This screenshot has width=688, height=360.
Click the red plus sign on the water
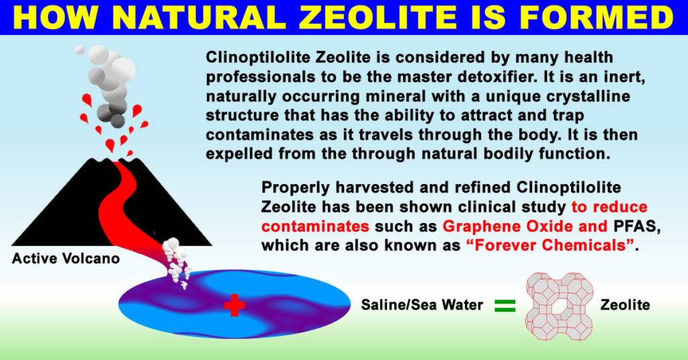pyautogui.click(x=234, y=306)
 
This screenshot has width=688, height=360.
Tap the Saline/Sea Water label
pyautogui.click(x=422, y=306)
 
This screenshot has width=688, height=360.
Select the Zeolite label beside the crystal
pyautogui.click(x=626, y=306)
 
